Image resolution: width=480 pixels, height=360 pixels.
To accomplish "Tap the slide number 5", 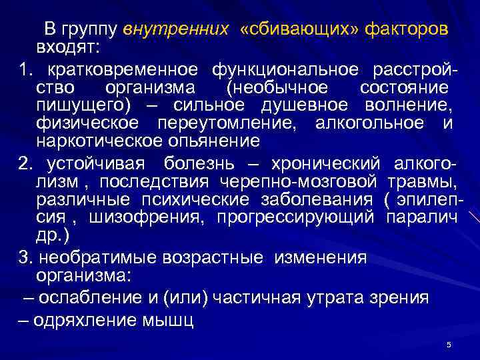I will pyautogui.click(x=449, y=345).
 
